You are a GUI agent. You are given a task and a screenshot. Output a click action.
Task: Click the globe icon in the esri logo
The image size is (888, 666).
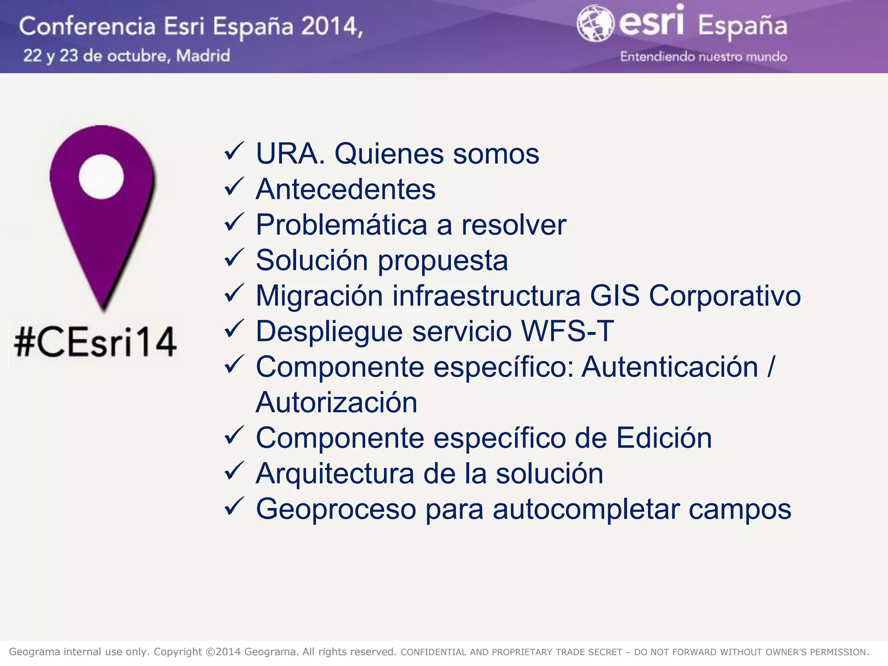(x=595, y=24)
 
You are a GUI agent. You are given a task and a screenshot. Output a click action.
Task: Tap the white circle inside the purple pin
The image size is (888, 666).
(x=101, y=177)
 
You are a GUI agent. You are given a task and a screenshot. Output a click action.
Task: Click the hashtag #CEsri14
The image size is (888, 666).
(x=95, y=343)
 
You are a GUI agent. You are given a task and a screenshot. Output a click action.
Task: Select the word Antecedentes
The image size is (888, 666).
(x=346, y=189)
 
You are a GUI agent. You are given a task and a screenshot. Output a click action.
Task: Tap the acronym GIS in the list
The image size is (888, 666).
(x=614, y=296)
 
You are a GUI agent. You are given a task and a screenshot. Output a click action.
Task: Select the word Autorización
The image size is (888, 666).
(x=336, y=402)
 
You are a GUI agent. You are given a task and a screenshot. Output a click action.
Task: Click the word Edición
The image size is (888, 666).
(x=664, y=438)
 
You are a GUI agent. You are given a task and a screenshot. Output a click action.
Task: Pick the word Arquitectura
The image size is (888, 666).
(x=335, y=473)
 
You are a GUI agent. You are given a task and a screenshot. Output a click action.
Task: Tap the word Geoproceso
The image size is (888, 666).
(x=336, y=509)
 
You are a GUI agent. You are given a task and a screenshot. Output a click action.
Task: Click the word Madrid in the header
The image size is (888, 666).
(x=203, y=56)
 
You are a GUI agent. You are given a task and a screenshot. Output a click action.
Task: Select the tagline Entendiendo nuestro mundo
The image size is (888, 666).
(x=703, y=57)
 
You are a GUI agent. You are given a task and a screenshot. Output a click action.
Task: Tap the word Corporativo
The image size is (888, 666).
(x=725, y=296)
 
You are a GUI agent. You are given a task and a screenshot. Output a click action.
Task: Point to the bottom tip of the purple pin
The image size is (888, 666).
(x=104, y=309)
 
